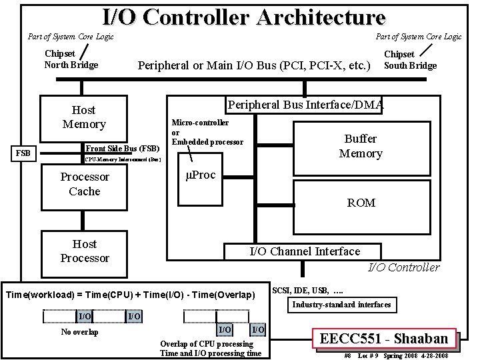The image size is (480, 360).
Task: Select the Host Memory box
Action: click(84, 117)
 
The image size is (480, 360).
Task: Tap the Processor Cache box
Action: click(84, 184)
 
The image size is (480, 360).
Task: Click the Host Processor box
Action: click(84, 251)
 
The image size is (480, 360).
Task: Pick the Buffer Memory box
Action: click(361, 146)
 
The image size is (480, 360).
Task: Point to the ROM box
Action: click(361, 203)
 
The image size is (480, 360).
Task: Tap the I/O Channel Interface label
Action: click(304, 251)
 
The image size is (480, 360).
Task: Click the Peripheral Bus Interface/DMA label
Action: click(305, 105)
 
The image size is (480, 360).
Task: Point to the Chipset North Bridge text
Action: click(71, 59)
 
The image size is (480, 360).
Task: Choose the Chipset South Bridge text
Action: click(410, 59)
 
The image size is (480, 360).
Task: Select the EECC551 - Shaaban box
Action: click(385, 338)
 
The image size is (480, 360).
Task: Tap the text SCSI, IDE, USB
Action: click(308, 290)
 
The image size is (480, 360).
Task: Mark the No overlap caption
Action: click(79, 332)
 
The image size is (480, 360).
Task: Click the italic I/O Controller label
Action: click(404, 267)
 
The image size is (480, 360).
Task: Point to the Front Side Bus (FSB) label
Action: click(123, 148)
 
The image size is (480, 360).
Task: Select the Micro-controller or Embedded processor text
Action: click(207, 132)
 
